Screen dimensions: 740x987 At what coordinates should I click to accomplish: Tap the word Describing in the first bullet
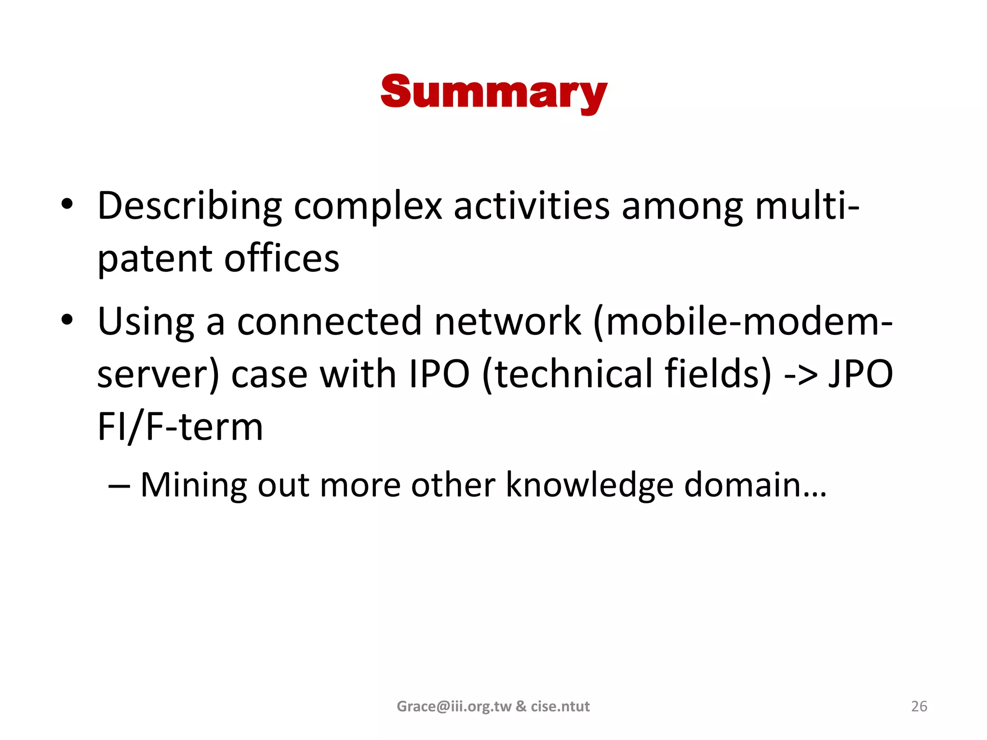coord(189,206)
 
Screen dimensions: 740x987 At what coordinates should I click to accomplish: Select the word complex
coord(368,206)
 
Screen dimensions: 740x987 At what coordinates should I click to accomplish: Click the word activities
coord(532,206)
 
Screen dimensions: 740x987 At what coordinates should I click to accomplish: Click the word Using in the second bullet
coord(146,322)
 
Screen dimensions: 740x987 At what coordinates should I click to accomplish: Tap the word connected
coord(329,322)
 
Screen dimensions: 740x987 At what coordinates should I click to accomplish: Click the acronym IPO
coord(439,374)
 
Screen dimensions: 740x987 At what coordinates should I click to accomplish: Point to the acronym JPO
coord(861,374)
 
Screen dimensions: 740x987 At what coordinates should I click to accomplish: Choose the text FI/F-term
coord(180,427)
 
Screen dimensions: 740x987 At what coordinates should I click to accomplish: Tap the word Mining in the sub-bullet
coord(193,485)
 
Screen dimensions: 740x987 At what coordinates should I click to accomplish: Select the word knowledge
coord(589,485)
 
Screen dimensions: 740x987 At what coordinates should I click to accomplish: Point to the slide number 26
coord(919,706)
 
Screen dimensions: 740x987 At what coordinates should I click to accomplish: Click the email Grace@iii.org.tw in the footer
coord(454,706)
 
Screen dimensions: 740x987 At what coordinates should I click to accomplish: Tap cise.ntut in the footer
coord(560,706)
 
